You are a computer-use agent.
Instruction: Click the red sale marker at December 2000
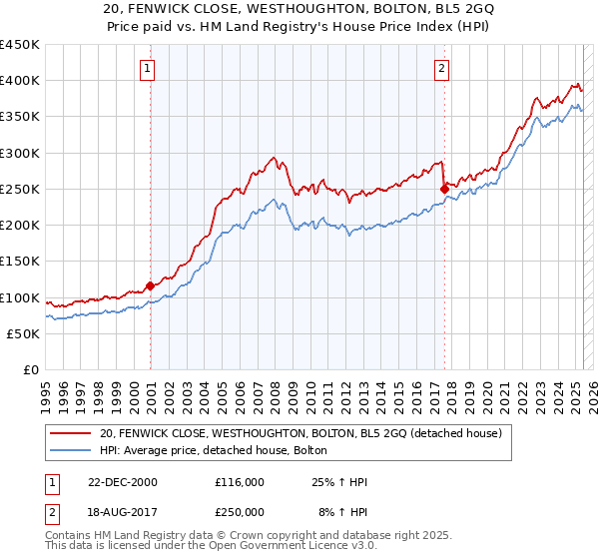pyautogui.click(x=150, y=285)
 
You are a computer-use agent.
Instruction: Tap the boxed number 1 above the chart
pyautogui.click(x=147, y=69)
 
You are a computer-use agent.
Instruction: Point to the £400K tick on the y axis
pyautogui.click(x=19, y=81)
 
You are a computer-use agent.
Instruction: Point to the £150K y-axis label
pyautogui.click(x=19, y=262)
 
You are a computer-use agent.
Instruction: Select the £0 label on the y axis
pyautogui.click(x=30, y=370)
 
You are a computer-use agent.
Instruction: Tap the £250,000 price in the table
pyautogui.click(x=241, y=511)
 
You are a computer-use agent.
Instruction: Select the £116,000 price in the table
pyautogui.click(x=241, y=482)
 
